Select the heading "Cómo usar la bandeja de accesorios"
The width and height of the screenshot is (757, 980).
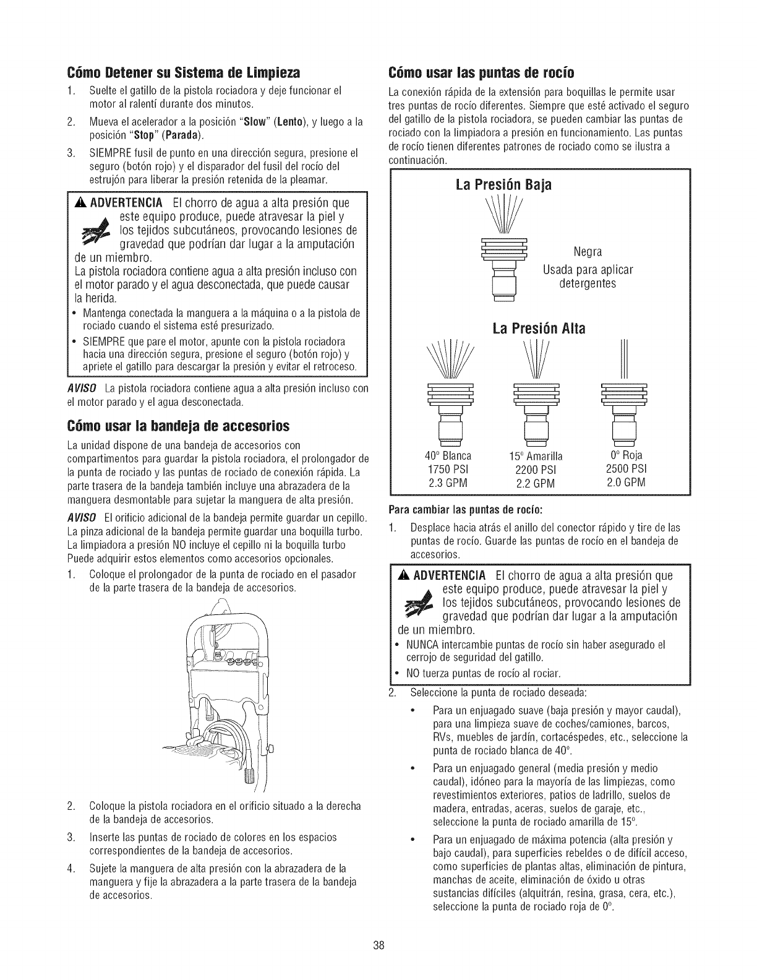(177, 426)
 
